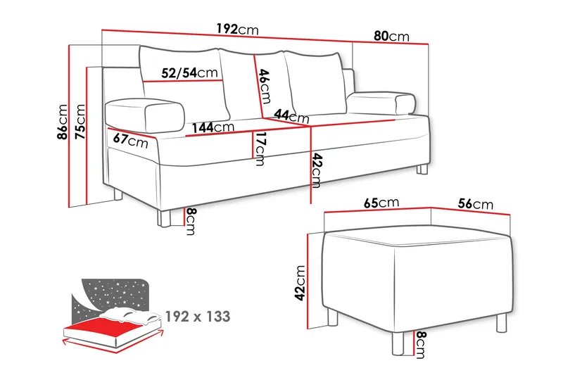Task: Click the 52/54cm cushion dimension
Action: pyautogui.click(x=189, y=72)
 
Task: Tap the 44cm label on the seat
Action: pyautogui.click(x=291, y=115)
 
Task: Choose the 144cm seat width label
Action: pyautogui.click(x=213, y=127)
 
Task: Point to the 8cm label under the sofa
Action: pyautogui.click(x=189, y=222)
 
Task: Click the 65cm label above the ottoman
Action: pyautogui.click(x=381, y=203)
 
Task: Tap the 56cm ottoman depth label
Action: pyautogui.click(x=475, y=204)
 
